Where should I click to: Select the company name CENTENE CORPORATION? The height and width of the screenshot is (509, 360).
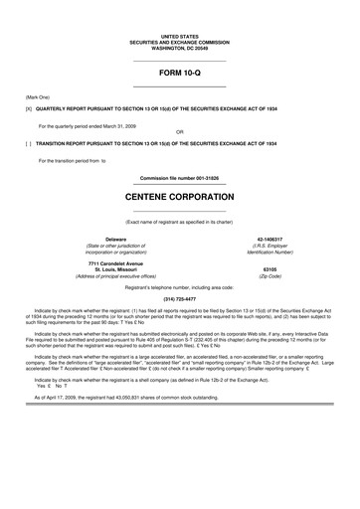pyautogui.click(x=180, y=199)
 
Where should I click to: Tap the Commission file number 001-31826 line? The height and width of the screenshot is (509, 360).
pyautogui.click(x=180, y=177)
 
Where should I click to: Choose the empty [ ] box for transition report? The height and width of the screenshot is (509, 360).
pyautogui.click(x=15, y=144)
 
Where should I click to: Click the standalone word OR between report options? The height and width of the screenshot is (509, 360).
pyautogui.click(x=179, y=132)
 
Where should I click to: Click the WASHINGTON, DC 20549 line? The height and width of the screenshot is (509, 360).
pyautogui.click(x=180, y=47)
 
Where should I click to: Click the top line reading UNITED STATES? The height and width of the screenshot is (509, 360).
pyautogui.click(x=180, y=34)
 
